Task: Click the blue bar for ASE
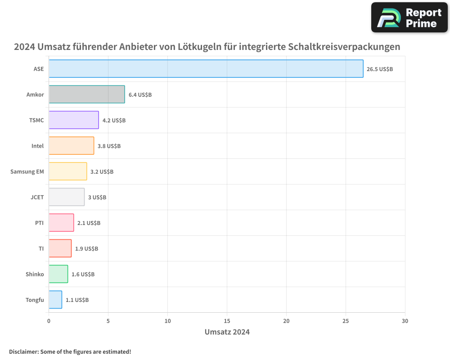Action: [206, 69]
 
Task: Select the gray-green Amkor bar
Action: [87, 94]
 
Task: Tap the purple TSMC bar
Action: [74, 120]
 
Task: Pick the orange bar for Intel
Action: [71, 146]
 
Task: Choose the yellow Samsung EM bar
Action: [67, 171]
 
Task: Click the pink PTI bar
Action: [61, 223]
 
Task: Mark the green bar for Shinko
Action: [58, 274]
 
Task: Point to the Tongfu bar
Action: [55, 300]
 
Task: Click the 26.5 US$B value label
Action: [380, 69]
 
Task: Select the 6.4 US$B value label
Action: [140, 95]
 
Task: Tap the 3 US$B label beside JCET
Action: [97, 198]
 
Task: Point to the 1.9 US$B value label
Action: [86, 249]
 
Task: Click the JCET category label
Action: [37, 197]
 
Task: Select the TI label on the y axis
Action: [41, 248]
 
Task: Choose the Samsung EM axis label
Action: [27, 171]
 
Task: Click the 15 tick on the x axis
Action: [227, 321]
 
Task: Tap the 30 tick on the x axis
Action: [405, 321]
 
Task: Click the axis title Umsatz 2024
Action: [227, 332]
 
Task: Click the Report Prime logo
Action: [409, 18]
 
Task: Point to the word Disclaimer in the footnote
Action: [23, 351]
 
